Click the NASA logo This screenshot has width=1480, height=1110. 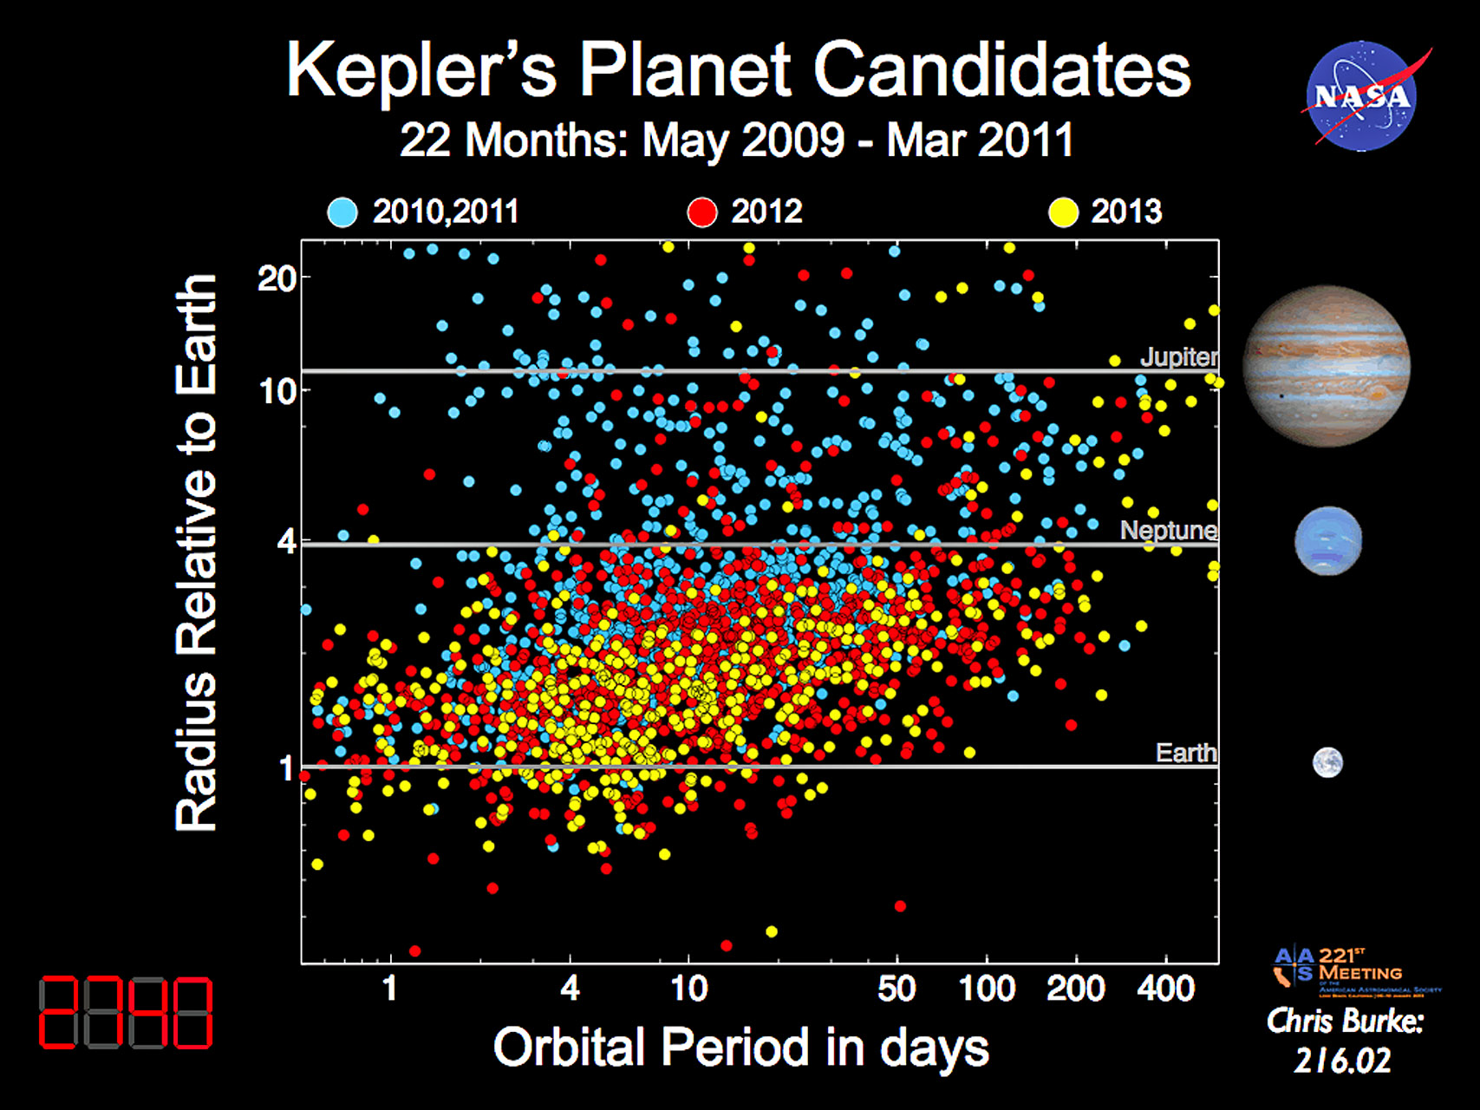click(x=1361, y=95)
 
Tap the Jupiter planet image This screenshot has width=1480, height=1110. click(x=1327, y=366)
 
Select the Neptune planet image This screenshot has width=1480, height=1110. click(x=1328, y=541)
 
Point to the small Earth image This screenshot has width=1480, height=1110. click(x=1327, y=762)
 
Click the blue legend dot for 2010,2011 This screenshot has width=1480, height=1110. click(x=342, y=212)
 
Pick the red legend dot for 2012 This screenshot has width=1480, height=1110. click(x=702, y=212)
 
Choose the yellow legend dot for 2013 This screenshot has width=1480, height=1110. click(x=1063, y=212)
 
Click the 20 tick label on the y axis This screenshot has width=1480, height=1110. click(x=277, y=279)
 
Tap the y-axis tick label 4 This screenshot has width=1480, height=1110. click(x=286, y=543)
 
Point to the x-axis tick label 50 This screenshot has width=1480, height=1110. click(x=896, y=989)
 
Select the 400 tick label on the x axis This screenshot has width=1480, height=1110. click(x=1166, y=989)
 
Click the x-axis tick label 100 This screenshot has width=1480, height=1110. click(x=987, y=989)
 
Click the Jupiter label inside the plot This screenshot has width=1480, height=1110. click(x=1178, y=356)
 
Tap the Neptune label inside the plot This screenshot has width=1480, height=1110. click(x=1168, y=530)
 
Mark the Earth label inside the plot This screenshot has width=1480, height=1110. click(x=1185, y=752)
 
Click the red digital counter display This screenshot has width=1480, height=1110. click(x=126, y=1012)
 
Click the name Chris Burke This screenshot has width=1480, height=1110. click(x=1345, y=1022)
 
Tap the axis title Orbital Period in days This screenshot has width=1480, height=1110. click(x=740, y=1048)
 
